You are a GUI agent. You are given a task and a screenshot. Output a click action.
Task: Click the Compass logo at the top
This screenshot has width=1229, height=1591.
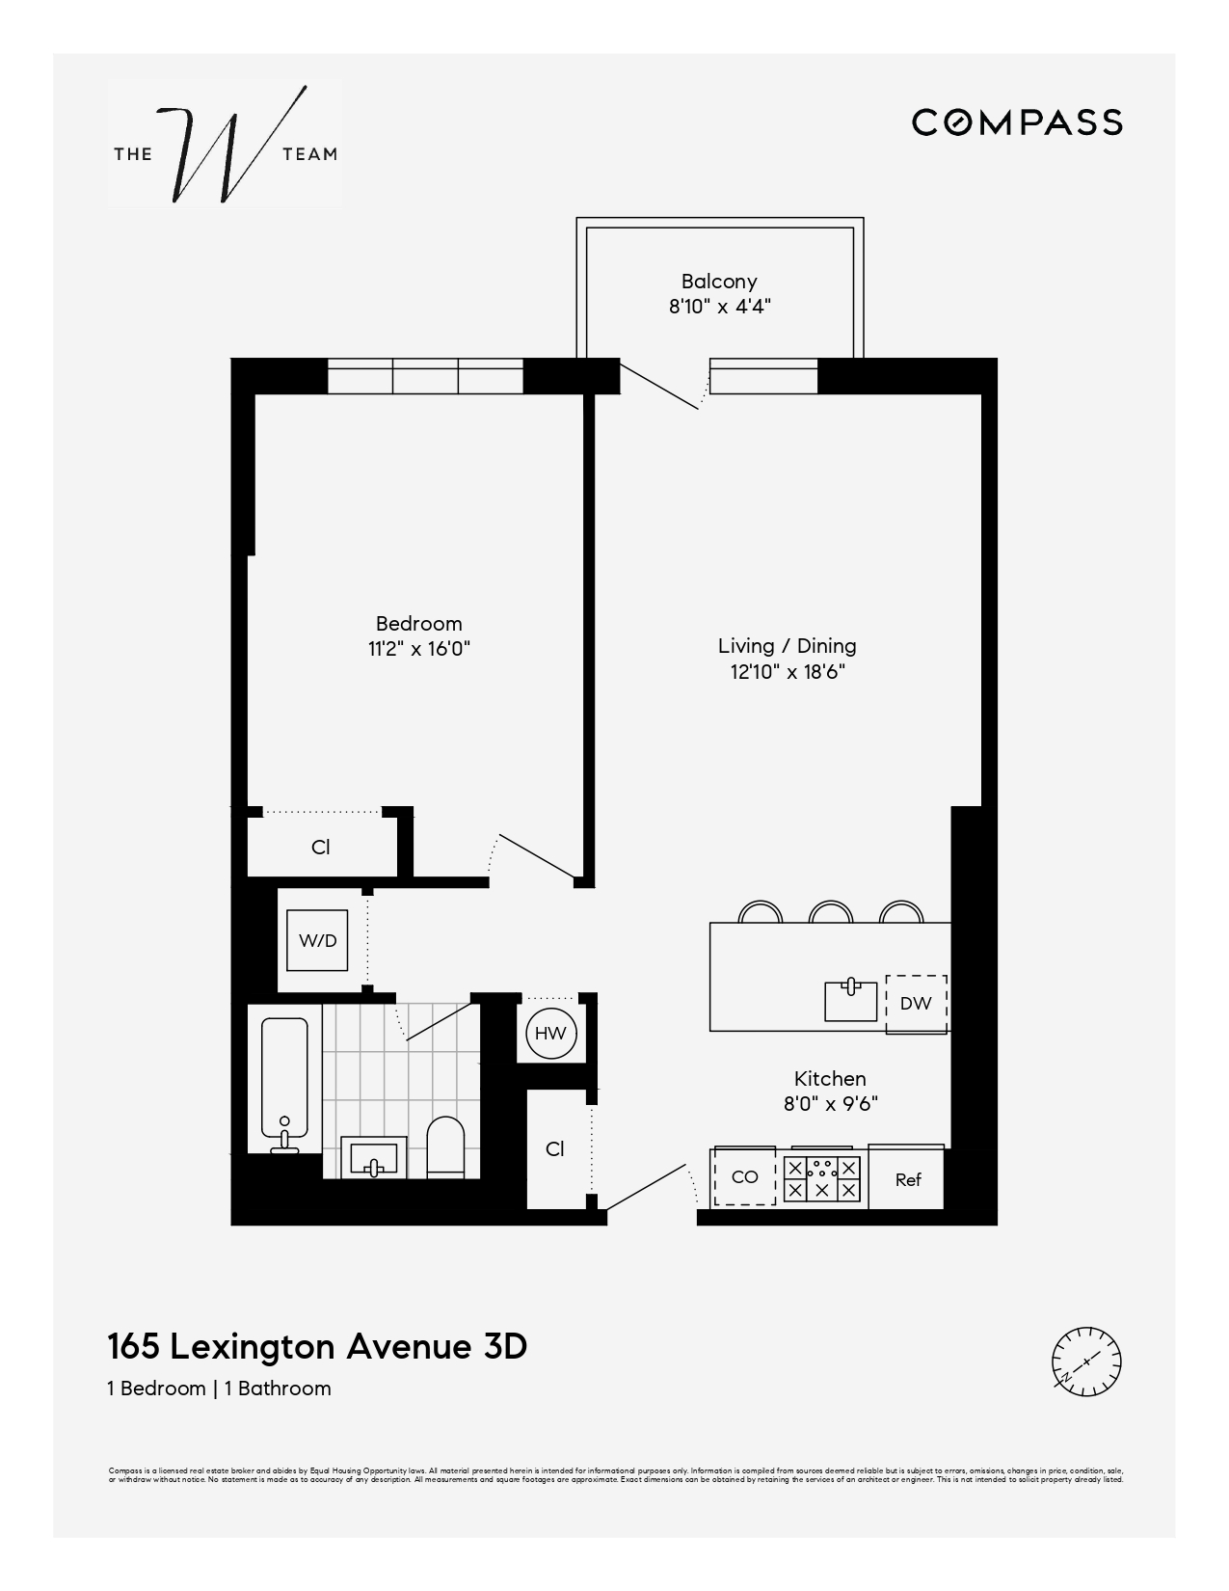(1017, 122)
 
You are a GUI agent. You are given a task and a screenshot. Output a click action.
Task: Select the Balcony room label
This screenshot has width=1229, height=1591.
(719, 282)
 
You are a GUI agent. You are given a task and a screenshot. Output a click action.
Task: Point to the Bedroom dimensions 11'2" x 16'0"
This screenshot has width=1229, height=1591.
(418, 649)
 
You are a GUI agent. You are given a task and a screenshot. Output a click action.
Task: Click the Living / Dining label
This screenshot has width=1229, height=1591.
(787, 646)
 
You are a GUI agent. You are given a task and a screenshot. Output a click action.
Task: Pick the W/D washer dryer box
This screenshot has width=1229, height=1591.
(318, 940)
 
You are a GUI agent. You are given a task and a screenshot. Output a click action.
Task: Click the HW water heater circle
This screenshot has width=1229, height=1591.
(550, 1034)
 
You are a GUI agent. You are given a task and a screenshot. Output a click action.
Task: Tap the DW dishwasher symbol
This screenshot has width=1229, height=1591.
(916, 1003)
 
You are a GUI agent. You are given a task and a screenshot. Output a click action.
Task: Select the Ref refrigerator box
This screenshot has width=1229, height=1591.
(907, 1178)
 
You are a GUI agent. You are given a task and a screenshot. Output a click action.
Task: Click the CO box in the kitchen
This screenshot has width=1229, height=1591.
(744, 1177)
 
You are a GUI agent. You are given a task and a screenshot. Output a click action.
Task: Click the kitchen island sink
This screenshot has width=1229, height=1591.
(851, 1000)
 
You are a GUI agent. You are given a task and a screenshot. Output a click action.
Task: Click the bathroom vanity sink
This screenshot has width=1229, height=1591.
(373, 1156)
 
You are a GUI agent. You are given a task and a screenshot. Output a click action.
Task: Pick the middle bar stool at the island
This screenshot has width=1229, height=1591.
(830, 912)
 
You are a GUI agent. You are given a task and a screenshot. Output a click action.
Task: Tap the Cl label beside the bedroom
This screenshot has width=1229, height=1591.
(321, 847)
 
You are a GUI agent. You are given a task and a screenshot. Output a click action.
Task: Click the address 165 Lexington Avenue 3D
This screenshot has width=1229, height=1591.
(317, 1346)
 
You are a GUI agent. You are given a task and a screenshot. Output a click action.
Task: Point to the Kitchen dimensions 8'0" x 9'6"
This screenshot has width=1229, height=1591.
(830, 1104)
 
